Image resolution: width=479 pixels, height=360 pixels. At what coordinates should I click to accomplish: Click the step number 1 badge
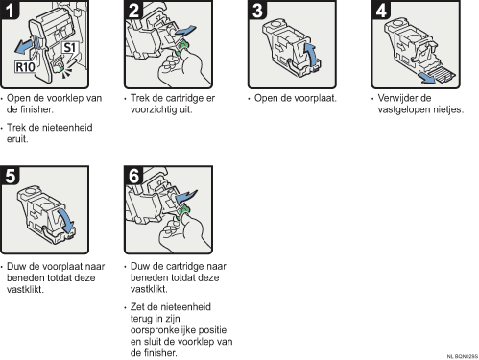pos(10,10)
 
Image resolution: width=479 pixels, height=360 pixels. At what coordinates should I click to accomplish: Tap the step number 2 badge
pos(133,10)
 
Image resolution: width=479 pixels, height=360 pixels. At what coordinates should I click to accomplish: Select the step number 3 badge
pos(257,10)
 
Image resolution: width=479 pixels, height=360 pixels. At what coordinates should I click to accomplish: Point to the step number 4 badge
pos(381,10)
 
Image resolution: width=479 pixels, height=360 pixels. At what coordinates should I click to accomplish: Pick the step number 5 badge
pos(10,176)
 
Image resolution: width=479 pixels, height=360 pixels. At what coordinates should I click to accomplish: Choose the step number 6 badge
pos(133,176)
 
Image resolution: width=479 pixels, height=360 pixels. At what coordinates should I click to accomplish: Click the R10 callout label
pos(25,67)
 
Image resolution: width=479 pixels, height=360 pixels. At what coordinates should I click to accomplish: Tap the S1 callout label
pos(69,47)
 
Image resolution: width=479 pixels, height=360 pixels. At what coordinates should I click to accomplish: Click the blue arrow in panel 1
pos(26,45)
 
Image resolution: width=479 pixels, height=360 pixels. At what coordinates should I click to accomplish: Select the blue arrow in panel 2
pos(184,31)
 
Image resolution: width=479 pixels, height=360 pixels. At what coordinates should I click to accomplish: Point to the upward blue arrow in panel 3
pos(310,55)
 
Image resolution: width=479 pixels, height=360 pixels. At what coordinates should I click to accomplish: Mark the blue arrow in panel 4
pos(428,78)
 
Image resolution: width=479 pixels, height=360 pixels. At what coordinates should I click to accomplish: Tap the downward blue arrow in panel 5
pos(66,221)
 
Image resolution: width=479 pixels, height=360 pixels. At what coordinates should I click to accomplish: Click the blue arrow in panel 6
pos(186,196)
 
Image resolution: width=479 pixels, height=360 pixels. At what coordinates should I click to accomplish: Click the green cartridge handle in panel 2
pos(182,47)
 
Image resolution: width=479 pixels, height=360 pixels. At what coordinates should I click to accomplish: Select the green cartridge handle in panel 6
pos(182,212)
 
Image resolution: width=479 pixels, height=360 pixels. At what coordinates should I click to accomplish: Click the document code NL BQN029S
pos(463,356)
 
